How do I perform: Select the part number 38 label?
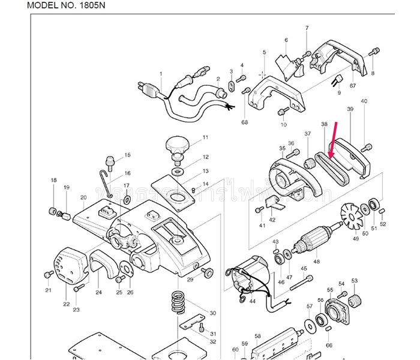(324, 125)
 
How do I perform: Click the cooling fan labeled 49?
(353, 217)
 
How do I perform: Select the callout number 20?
(83, 197)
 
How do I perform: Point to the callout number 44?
(251, 301)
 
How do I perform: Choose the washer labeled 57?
(310, 325)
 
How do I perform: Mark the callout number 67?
(353, 86)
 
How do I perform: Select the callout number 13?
(205, 172)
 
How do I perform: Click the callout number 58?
(257, 337)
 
